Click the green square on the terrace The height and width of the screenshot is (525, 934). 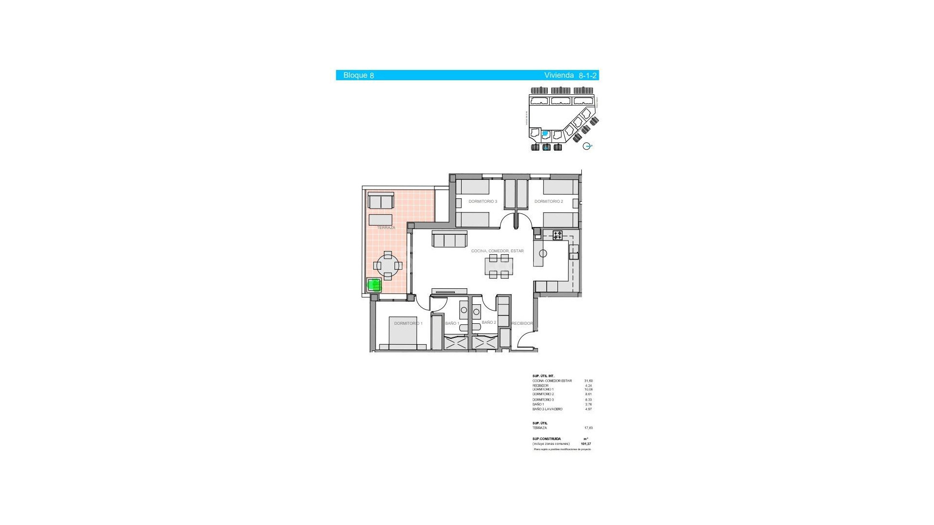(x=374, y=285)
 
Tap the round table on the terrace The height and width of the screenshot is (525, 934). (x=388, y=265)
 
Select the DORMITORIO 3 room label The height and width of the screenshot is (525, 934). (x=483, y=201)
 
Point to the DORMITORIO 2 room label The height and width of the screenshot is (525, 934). (x=548, y=201)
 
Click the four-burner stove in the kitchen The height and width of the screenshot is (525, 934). (x=557, y=235)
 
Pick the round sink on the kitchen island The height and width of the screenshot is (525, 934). (x=543, y=253)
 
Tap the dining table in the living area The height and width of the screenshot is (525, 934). (x=499, y=266)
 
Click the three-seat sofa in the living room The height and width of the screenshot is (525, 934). (x=449, y=239)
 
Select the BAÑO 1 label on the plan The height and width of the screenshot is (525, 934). (x=452, y=323)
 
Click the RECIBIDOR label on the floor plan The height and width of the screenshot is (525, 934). (x=522, y=323)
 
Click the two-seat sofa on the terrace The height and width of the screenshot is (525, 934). (x=380, y=201)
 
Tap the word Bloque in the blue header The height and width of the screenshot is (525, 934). (x=355, y=75)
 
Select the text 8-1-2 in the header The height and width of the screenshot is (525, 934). (x=587, y=75)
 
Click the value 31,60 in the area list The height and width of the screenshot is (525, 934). (x=588, y=381)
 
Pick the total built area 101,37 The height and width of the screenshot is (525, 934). (x=586, y=444)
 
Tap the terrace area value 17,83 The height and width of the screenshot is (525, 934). (x=588, y=428)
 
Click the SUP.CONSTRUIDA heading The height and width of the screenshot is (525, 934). (x=546, y=439)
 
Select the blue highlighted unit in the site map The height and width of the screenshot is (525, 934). (x=545, y=133)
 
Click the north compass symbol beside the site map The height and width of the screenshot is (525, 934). (x=587, y=146)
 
